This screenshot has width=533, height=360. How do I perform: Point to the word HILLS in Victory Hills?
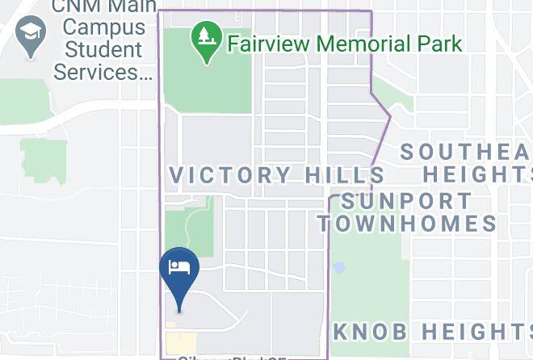345,175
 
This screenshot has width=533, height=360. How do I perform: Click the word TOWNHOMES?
406,224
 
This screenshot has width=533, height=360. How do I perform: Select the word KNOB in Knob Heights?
369,331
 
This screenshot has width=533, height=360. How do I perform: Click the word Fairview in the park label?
269,43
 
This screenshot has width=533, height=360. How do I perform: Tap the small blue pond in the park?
339,266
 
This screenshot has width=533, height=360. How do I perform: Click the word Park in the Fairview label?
440,43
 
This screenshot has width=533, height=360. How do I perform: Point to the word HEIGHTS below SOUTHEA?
476,174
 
